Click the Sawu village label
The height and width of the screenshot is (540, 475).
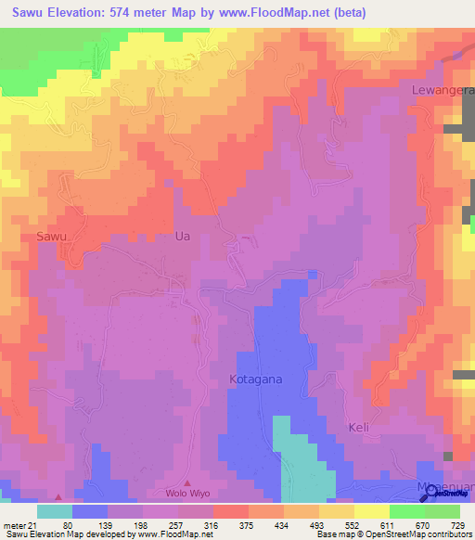[x=53, y=237]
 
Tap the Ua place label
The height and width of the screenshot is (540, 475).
[x=183, y=237]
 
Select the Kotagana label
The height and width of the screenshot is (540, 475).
[x=255, y=379]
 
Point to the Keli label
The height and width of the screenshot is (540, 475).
[x=359, y=428]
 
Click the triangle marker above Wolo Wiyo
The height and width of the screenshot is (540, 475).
[x=188, y=482]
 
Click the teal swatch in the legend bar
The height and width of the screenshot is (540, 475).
[x=54, y=511]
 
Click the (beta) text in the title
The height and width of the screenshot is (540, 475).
[x=345, y=13]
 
